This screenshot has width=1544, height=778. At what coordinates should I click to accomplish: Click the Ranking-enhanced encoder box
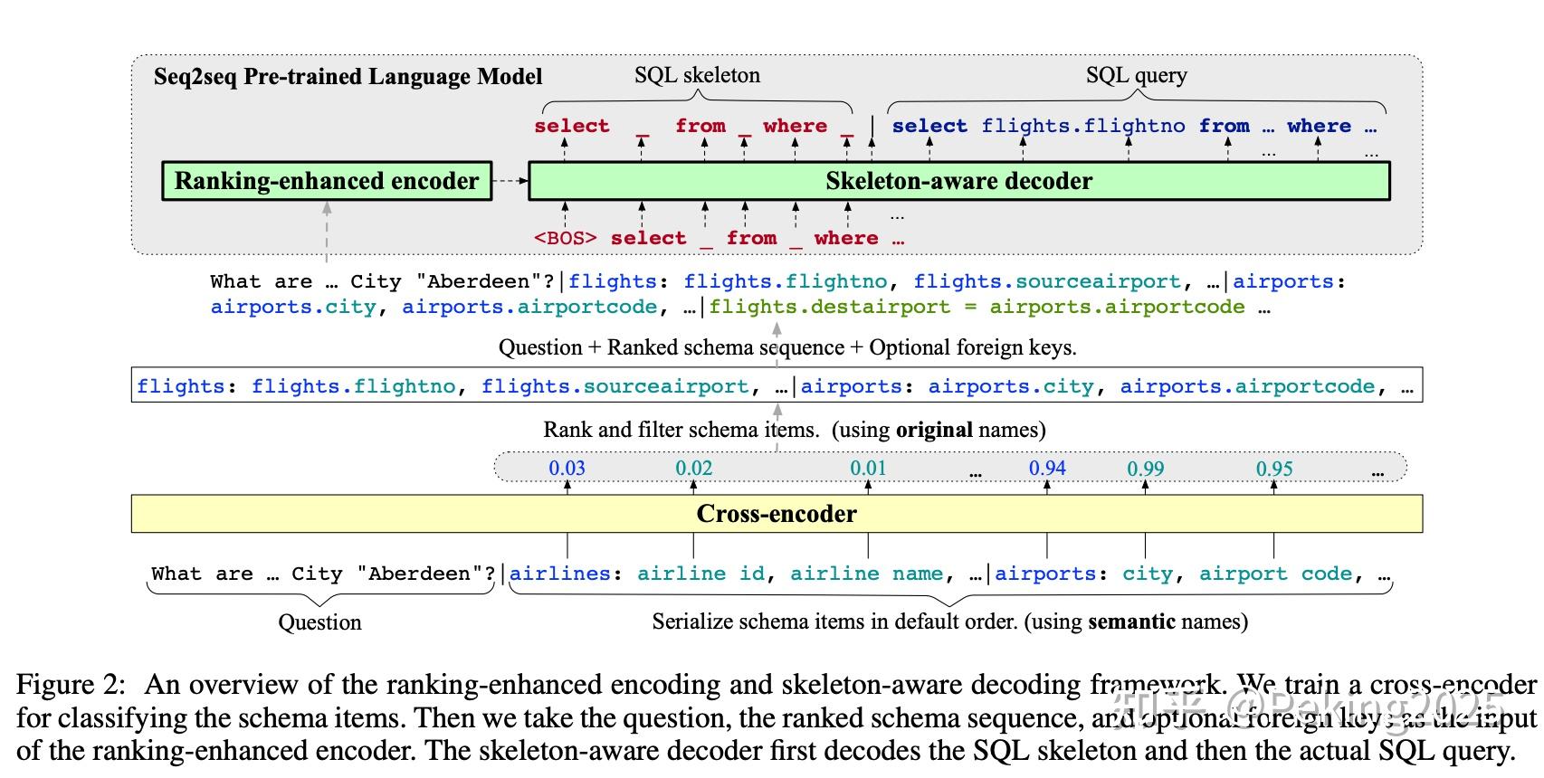click(327, 181)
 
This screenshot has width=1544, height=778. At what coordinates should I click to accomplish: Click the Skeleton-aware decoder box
click(958, 181)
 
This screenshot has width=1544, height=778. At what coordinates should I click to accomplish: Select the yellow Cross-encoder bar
click(777, 514)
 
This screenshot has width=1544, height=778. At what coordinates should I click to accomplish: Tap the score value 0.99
click(1145, 469)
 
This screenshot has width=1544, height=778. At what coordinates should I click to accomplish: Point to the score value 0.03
click(567, 468)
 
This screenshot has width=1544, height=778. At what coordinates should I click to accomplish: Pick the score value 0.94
click(1047, 468)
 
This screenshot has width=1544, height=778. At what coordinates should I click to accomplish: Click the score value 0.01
click(868, 468)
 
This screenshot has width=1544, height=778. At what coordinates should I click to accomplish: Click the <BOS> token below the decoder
click(565, 238)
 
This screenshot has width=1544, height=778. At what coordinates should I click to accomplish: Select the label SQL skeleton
click(697, 75)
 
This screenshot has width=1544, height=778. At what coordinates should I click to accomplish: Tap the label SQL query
click(1136, 75)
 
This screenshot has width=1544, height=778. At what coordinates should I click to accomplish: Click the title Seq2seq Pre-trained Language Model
click(348, 77)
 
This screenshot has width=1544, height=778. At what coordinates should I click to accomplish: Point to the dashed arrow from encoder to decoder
click(510, 181)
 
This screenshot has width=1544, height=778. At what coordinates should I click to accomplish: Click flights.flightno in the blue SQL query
click(1083, 126)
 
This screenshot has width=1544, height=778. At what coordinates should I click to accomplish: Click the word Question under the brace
click(319, 622)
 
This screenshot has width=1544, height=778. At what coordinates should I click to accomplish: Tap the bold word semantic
click(1131, 621)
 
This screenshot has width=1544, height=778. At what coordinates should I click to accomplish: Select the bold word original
click(934, 430)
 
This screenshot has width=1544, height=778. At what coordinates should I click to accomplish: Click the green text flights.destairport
click(829, 307)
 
